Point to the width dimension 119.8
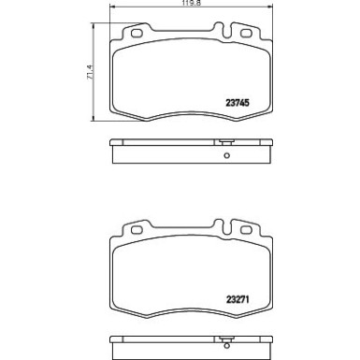tap(193, 4)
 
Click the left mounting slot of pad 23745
tap(136, 36)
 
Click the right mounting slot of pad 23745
tap(252, 36)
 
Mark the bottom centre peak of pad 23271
tap(194, 319)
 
